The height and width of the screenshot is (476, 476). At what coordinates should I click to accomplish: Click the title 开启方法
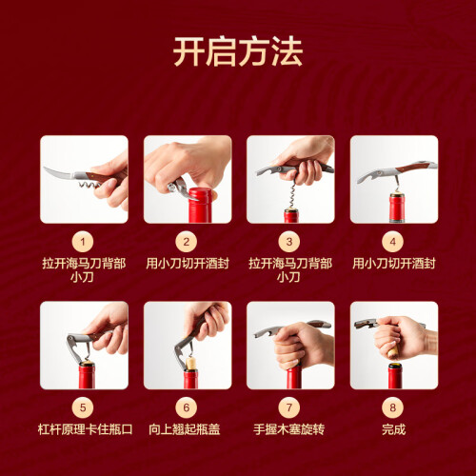click(x=238, y=51)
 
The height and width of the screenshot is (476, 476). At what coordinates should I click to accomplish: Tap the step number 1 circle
click(x=83, y=242)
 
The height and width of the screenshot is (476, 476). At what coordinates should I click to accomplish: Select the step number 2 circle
click(x=187, y=242)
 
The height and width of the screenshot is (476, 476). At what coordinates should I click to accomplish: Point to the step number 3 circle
click(x=289, y=242)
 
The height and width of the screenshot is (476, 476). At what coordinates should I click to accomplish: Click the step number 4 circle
click(x=392, y=242)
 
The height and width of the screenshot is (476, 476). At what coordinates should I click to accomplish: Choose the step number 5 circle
click(x=83, y=407)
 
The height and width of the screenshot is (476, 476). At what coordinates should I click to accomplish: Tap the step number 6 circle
click(x=187, y=407)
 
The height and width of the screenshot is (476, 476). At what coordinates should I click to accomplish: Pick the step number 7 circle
click(x=289, y=407)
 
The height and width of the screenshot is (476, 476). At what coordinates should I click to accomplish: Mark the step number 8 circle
click(x=392, y=407)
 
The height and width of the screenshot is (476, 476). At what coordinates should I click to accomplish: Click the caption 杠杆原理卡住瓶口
click(x=85, y=429)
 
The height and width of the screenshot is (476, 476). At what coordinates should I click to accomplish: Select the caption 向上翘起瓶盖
click(x=185, y=429)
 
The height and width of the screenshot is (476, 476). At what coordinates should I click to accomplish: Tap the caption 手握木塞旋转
click(x=288, y=429)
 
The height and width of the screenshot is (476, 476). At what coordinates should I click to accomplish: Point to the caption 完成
click(x=394, y=429)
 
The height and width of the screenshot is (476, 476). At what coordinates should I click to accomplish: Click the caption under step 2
click(x=188, y=264)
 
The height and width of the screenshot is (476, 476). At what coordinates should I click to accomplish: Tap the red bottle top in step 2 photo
click(x=200, y=205)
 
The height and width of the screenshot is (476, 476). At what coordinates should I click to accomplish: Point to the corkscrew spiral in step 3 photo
click(x=292, y=193)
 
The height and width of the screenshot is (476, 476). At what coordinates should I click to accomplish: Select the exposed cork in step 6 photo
click(x=191, y=364)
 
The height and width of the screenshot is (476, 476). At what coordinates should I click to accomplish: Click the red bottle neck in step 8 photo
click(x=395, y=376)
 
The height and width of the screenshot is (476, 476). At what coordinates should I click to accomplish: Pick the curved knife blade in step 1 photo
click(x=60, y=174)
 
